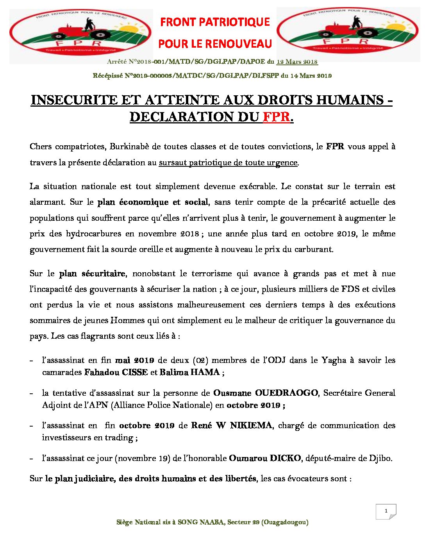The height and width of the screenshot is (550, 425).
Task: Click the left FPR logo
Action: tap(81, 34)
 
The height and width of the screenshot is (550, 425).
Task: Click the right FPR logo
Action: tap(348, 34)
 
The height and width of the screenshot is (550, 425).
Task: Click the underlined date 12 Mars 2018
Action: tap(297, 62)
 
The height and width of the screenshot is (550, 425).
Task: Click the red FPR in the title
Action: tap(277, 117)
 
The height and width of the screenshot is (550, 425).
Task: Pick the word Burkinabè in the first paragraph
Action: tap(129, 146)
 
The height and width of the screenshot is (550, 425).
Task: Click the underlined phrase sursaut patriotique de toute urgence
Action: tap(228, 162)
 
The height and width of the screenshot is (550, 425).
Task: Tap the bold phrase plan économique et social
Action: tap(153, 202)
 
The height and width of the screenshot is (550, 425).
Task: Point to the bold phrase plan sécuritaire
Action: tap(92, 273)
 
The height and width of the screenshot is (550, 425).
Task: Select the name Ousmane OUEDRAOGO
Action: tap(265, 393)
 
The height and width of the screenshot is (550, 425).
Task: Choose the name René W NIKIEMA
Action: tap(232, 425)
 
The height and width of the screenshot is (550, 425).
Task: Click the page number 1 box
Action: tap(386, 511)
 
